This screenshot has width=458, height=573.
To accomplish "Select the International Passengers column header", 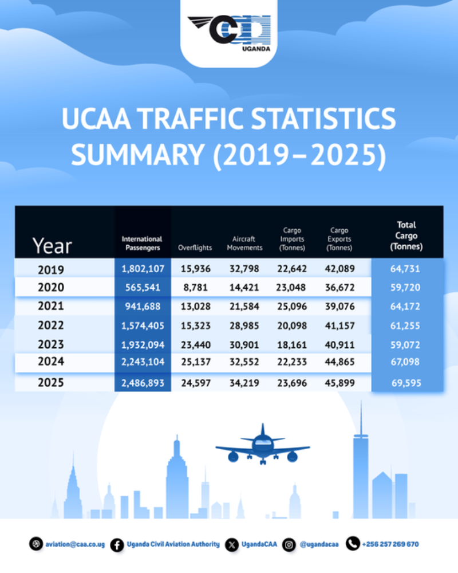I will click(142, 243).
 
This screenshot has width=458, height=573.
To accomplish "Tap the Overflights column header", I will click(195, 248).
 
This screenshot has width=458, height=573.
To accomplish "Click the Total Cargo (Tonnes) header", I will click(406, 236).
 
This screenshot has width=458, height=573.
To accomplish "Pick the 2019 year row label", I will click(51, 269).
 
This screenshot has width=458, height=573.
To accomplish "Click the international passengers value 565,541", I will click(142, 288).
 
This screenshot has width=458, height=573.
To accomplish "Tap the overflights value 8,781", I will click(195, 288).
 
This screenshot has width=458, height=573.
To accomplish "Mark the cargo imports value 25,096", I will click(293, 307).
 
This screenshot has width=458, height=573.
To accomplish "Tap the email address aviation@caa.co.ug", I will click(74, 544).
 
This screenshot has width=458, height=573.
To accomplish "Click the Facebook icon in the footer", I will click(116, 544).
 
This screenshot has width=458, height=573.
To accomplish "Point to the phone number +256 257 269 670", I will click(390, 544).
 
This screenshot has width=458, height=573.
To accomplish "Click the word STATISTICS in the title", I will click(310, 119).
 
